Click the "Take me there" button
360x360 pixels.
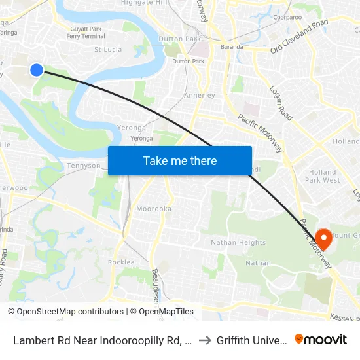coord(180,160)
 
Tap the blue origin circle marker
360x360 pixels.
coord(37,69)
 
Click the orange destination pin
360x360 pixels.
coord(323,238)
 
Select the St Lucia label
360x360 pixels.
coord(108,49)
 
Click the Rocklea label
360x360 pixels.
coord(121,262)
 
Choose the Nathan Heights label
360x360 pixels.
coord(238,243)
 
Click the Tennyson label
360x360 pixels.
coord(84,166)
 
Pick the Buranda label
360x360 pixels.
coord(232,47)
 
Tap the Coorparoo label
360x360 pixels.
coord(288,17)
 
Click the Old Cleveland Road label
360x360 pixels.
coord(299,36)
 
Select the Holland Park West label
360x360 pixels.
coord(322,176)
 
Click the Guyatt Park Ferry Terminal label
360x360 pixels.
coord(86,33)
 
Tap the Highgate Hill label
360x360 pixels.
coord(145,3)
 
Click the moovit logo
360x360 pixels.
coord(321,339)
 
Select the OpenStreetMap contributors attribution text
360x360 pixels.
coord(65,312)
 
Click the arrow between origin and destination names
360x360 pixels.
coord(206,340)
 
